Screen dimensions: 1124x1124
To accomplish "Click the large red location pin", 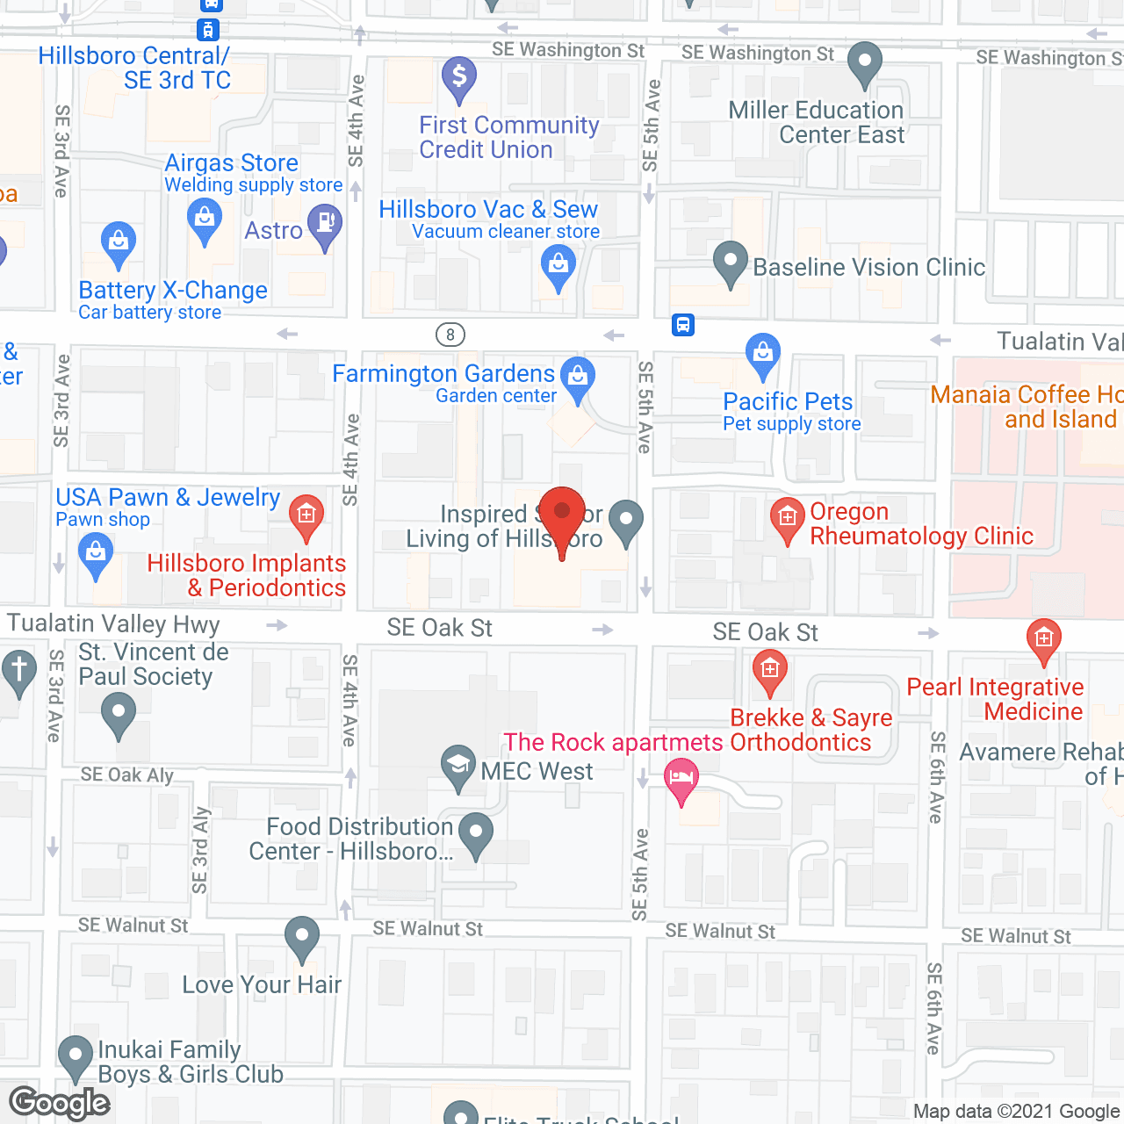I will point(561,515).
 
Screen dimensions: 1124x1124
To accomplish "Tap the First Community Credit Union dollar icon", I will point(458,76).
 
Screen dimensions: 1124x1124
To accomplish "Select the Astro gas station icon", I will point(325,223).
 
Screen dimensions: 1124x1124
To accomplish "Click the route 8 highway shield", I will point(450,335).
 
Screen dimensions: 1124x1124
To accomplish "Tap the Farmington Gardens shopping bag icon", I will point(578,377).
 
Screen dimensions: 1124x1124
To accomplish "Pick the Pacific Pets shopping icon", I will point(762,353).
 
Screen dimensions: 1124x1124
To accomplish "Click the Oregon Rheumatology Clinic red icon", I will point(788,518).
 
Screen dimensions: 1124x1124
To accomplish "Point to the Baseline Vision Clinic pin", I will point(730,262).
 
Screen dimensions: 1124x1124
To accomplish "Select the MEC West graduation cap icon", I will point(458,765).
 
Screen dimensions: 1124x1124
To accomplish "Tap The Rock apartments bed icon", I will point(681,778).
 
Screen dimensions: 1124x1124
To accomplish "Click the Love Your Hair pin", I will point(302,937).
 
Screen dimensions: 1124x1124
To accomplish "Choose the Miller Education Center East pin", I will point(865,62).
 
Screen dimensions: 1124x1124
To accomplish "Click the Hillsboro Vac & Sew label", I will point(488,210).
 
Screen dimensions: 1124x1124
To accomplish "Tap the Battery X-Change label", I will point(173,291).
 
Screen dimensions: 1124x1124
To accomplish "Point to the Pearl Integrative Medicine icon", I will point(1043,638).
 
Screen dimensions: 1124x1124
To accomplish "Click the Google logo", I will point(60,1103).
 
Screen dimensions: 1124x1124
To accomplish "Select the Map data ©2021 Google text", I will point(1017,1112).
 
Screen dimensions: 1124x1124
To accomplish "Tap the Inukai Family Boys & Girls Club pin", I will point(76,1056).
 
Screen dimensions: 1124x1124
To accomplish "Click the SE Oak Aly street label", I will point(126,775).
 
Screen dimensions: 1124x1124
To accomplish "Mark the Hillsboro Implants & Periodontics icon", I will point(306,515).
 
